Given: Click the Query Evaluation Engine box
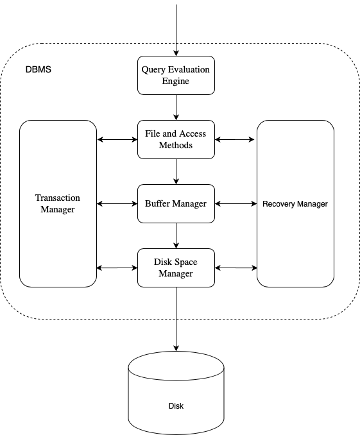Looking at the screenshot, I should coord(176,75).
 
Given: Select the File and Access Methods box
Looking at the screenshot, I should coord(176,139).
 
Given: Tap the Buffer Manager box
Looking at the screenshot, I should coord(176,203).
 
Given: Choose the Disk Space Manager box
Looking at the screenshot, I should coord(176,268).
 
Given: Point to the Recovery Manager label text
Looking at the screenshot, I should coord(295,204).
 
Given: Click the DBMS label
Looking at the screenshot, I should coord(38,69).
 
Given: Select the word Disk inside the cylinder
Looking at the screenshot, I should coord(176,406).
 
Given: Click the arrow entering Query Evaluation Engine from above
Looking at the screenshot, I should coord(176,29).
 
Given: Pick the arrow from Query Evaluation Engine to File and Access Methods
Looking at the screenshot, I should coord(176,107).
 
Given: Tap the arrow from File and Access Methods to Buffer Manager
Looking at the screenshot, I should coord(176,171).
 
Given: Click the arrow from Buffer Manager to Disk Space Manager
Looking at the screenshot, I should coord(176,235).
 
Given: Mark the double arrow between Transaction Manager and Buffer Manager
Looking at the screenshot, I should coord(117,204).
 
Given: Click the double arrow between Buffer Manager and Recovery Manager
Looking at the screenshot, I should coord(236,204).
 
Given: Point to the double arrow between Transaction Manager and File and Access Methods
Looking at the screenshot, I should coord(117,139).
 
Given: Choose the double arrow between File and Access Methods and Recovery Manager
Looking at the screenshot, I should coord(236,139).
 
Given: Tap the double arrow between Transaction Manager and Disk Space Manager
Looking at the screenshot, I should coord(117,268).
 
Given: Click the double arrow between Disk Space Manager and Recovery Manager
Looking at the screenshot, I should coord(236,268).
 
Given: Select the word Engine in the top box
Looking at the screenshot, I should coord(176,81).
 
